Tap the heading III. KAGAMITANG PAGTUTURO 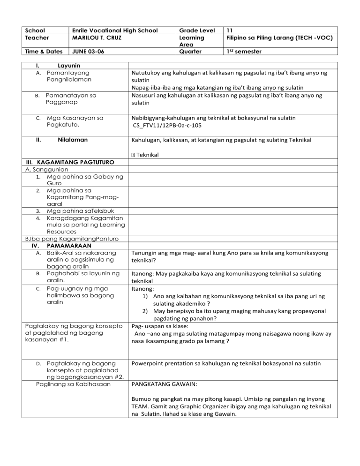[66, 162]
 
